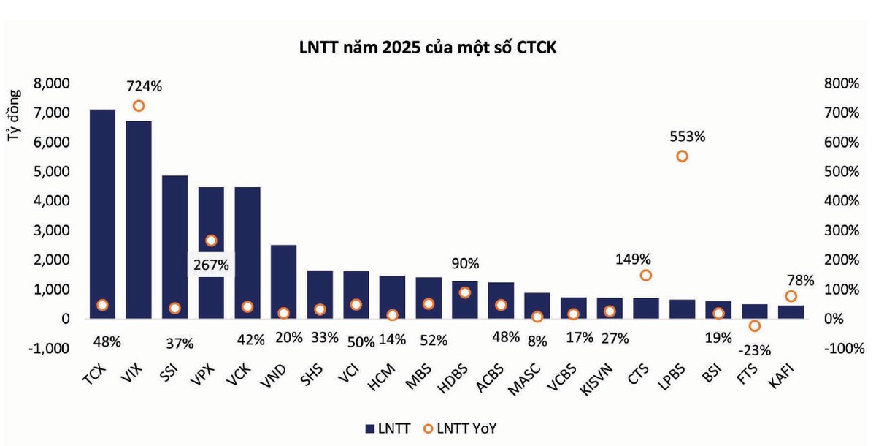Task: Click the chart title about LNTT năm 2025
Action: pyautogui.click(x=428, y=48)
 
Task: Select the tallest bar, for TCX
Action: pyautogui.click(x=102, y=213)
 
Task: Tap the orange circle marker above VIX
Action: pyautogui.click(x=139, y=106)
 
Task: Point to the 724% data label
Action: pyautogui.click(x=144, y=86)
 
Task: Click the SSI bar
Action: pyautogui.click(x=174, y=246)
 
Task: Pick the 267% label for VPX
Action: pyautogui.click(x=211, y=265)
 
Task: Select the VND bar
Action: pyautogui.click(x=283, y=281)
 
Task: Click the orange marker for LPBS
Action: pyautogui.click(x=682, y=156)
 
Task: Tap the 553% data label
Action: pyautogui.click(x=687, y=137)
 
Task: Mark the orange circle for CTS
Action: pyautogui.click(x=645, y=275)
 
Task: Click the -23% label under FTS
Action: pyautogui.click(x=754, y=350)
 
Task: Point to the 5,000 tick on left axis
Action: pyautogui.click(x=51, y=172)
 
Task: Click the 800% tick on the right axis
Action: pyautogui.click(x=842, y=83)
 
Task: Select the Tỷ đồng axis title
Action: pyautogui.click(x=13, y=116)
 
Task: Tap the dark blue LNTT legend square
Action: pyautogui.click(x=370, y=428)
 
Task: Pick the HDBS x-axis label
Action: pyautogui.click(x=453, y=379)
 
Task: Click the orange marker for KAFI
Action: pyautogui.click(x=791, y=296)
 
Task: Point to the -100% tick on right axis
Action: pyautogui.click(x=845, y=348)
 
